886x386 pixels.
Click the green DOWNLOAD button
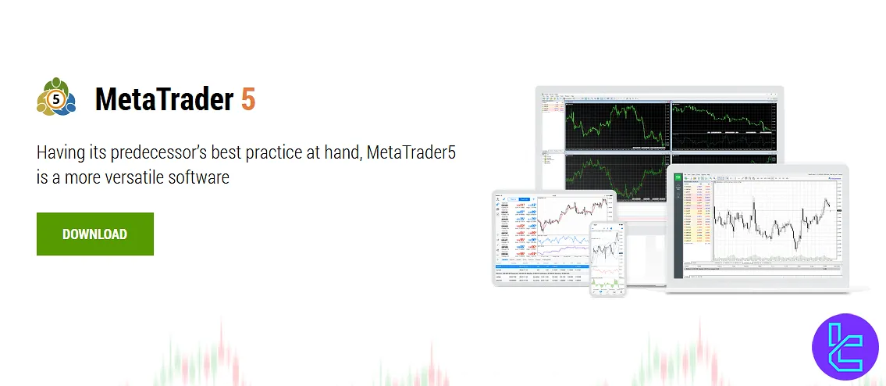pos(94,234)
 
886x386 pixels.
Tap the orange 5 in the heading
pos(247,101)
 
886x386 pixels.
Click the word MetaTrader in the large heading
pos(164,101)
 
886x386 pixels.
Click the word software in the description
pos(203,177)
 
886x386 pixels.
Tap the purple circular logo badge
pos(845,347)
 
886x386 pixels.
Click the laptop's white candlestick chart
pos(773,219)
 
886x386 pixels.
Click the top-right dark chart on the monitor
pos(723,123)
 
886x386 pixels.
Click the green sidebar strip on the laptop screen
pos(678,219)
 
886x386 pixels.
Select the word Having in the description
pos(61,152)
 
